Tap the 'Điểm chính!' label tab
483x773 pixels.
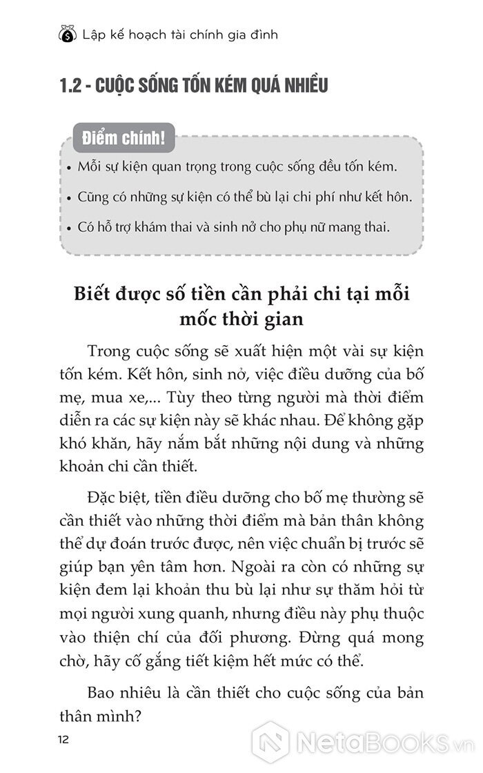118,137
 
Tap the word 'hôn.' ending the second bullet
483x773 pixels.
397,197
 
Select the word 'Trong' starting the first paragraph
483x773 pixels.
108,351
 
